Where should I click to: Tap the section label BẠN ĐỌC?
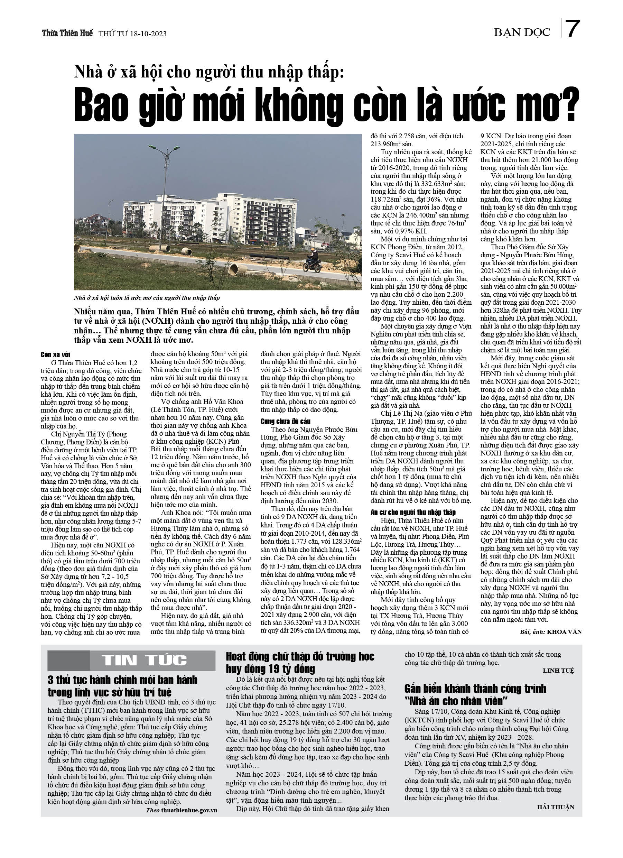pyautogui.click(x=522, y=33)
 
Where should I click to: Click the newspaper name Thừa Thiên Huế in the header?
pyautogui.click(x=67, y=33)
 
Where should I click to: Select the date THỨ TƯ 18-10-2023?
pyautogui.click(x=132, y=34)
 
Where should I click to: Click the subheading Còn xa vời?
pyautogui.click(x=55, y=355)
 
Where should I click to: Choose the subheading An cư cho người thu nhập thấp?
pyautogui.click(x=413, y=513)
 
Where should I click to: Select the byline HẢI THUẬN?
pyautogui.click(x=555, y=807)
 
